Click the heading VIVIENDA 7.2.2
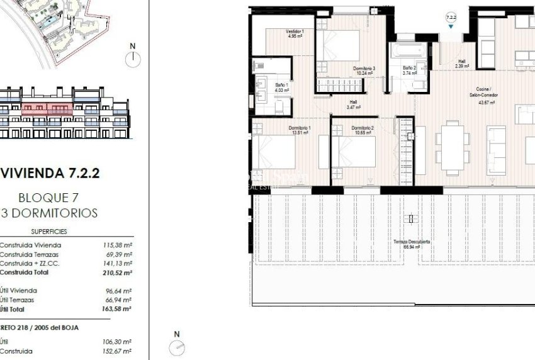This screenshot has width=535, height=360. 50,172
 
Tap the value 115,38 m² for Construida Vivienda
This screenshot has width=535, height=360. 117,245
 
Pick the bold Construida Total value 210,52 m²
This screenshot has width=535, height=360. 117,273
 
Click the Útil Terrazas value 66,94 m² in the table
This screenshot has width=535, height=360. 118,300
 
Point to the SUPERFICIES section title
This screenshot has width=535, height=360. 48,232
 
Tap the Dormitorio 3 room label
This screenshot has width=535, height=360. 364,70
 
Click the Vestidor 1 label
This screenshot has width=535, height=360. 295,34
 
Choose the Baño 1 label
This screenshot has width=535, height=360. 282,87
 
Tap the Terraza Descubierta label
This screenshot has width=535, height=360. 412,244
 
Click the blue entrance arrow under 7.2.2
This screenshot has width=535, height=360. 451,26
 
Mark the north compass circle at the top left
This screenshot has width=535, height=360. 132,59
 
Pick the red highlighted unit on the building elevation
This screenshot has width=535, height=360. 48,108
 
